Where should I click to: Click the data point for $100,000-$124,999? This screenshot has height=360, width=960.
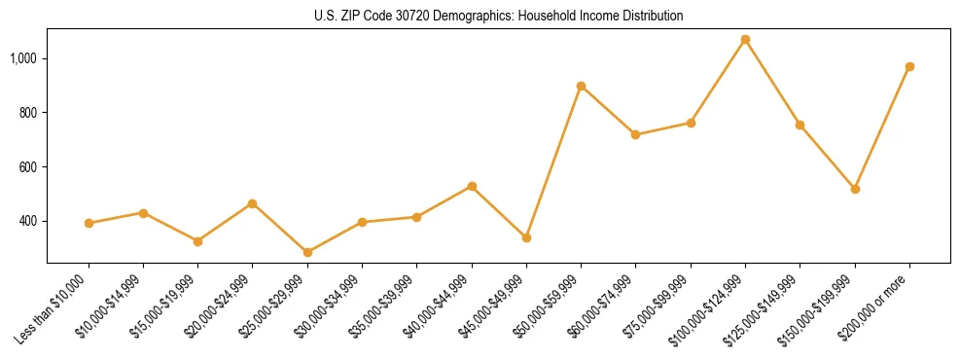[x=745, y=40]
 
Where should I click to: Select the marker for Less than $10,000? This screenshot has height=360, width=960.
[x=89, y=223]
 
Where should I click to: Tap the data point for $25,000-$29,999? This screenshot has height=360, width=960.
[x=307, y=252]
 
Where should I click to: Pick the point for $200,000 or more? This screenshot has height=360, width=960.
[x=909, y=67]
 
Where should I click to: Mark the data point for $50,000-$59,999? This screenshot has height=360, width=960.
[x=581, y=87]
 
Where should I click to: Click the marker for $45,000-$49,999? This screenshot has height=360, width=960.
[x=526, y=237]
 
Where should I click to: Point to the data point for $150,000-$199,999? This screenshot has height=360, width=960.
[x=855, y=189]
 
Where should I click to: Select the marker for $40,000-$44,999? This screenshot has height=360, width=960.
[x=472, y=186]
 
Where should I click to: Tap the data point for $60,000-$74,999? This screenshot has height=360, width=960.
[x=635, y=134]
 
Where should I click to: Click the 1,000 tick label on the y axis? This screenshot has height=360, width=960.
[x=23, y=58]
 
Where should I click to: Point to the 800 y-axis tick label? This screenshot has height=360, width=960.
[x=29, y=113]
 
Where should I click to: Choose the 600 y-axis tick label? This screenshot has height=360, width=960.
[x=29, y=167]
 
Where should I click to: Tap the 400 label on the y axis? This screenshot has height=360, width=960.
[x=29, y=221]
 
